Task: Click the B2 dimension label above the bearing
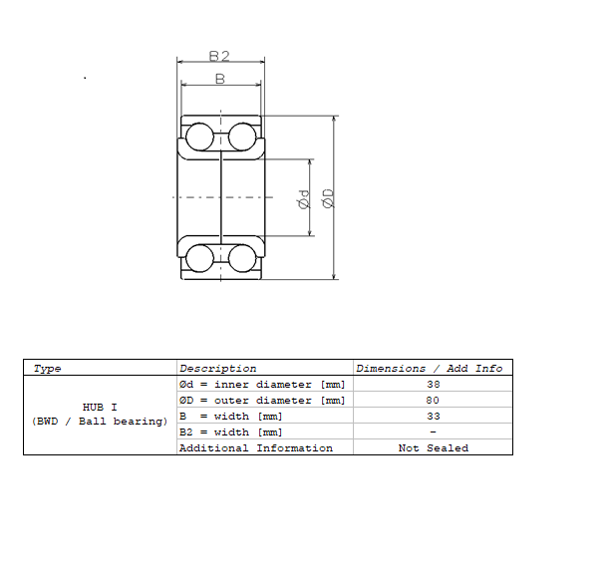pos(219,56)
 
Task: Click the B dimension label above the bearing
pos(219,78)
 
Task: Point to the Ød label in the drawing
pos(304,199)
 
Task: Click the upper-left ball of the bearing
pos(199,136)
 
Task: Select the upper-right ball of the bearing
pos(242,136)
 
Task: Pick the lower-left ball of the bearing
pos(199,258)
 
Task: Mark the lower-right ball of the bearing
pos(242,258)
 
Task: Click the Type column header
pos(47,368)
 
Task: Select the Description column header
pos(217,368)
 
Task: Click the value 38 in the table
pos(433,384)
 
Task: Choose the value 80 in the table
pos(433,400)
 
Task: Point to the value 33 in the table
pos(433,416)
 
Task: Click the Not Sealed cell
pos(433,447)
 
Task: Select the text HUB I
pos(100,407)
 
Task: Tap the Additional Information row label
pos(255,447)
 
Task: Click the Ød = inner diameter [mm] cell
pos(261,384)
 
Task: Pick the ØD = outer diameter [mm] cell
pos(261,400)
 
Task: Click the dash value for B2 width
pos(433,432)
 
